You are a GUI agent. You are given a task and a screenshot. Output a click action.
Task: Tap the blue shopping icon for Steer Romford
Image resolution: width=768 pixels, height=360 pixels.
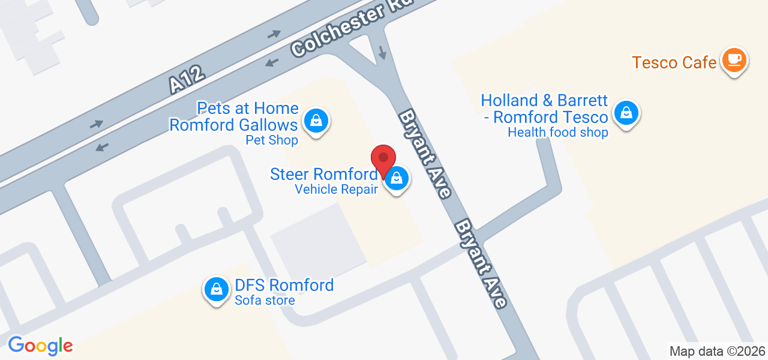396,178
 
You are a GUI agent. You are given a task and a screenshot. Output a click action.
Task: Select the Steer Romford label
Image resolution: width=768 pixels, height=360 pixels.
323,175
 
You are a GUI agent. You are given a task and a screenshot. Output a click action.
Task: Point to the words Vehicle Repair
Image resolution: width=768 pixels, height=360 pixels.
336,190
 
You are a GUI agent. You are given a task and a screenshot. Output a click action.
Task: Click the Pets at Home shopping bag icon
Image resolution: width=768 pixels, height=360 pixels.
316,121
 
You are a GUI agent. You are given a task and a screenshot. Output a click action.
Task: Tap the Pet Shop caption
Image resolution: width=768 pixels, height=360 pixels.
272,140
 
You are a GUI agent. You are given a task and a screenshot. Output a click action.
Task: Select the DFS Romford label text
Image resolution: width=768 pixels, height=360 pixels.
284,285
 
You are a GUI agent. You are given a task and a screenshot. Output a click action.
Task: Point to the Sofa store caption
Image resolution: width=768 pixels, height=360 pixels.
265,301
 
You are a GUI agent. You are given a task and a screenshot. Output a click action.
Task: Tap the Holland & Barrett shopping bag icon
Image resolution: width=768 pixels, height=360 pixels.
626,112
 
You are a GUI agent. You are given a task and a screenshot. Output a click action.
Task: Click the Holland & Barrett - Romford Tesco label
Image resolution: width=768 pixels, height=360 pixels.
545,108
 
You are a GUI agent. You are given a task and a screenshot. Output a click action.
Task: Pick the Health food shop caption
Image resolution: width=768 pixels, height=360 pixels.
558,133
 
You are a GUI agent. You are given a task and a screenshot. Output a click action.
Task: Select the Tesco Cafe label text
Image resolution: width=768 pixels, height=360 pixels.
674,62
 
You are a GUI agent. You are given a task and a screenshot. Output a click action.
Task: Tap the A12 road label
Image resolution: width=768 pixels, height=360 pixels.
187,80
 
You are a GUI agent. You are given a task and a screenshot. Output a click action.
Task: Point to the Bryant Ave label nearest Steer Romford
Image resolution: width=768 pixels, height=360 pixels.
425,154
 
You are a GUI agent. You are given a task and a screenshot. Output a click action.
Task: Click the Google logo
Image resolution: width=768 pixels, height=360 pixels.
40,346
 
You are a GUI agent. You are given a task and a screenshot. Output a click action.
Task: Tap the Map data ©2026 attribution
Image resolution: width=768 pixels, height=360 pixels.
717,351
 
